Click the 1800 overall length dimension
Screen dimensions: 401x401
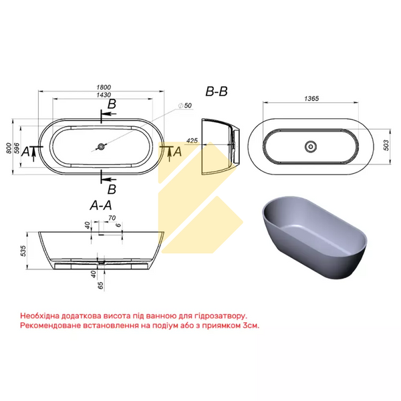point(104,87)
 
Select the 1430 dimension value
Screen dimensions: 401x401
point(104,95)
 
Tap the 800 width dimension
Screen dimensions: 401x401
point(9,148)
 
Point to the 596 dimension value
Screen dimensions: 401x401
point(17,148)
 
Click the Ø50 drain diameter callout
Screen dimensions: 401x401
point(185,106)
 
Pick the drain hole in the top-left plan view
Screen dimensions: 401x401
point(102,146)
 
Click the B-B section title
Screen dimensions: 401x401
point(217,92)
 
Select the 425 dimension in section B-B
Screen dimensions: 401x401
point(192,140)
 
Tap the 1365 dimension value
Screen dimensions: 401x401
point(311,98)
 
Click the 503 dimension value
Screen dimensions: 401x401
point(386,145)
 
